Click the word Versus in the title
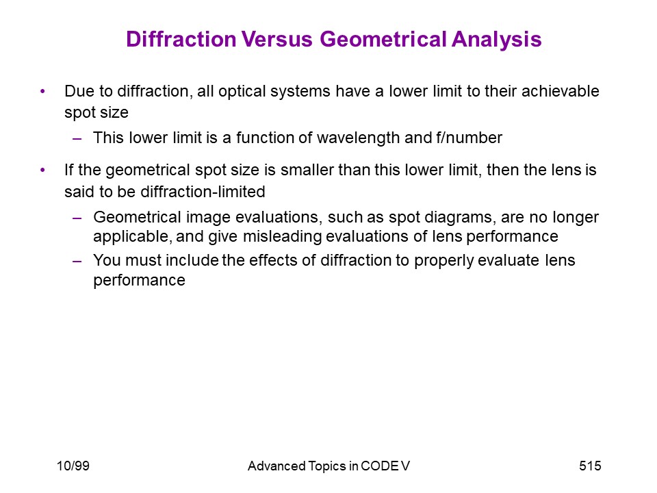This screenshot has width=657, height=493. (x=276, y=39)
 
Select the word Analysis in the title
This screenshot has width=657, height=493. (x=497, y=40)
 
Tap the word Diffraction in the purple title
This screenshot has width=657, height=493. (x=181, y=39)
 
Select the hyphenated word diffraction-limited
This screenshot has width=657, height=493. (x=203, y=192)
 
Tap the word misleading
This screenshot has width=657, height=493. (x=282, y=237)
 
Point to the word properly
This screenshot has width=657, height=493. (x=443, y=261)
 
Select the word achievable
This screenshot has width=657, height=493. (x=561, y=91)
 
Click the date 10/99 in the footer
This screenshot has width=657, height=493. (x=73, y=466)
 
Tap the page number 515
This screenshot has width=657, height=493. (x=590, y=466)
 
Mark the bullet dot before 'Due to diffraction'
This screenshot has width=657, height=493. (x=42, y=91)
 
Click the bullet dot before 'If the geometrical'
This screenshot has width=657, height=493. (x=42, y=170)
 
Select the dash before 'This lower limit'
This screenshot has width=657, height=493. (x=77, y=138)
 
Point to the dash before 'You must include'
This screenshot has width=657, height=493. (x=77, y=261)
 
